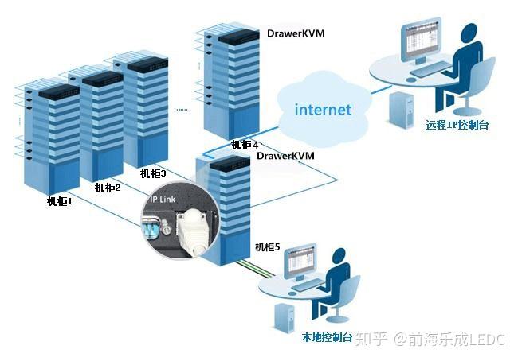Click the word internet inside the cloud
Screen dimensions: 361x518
(x=323, y=110)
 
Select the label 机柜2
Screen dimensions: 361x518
(x=107, y=188)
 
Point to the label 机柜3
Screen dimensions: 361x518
(x=152, y=173)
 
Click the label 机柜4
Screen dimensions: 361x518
(x=244, y=145)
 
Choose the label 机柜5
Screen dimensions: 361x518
(x=267, y=248)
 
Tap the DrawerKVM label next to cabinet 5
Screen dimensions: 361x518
(x=285, y=157)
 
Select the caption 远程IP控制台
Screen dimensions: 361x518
(x=456, y=124)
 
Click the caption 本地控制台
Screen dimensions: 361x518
(x=328, y=338)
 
